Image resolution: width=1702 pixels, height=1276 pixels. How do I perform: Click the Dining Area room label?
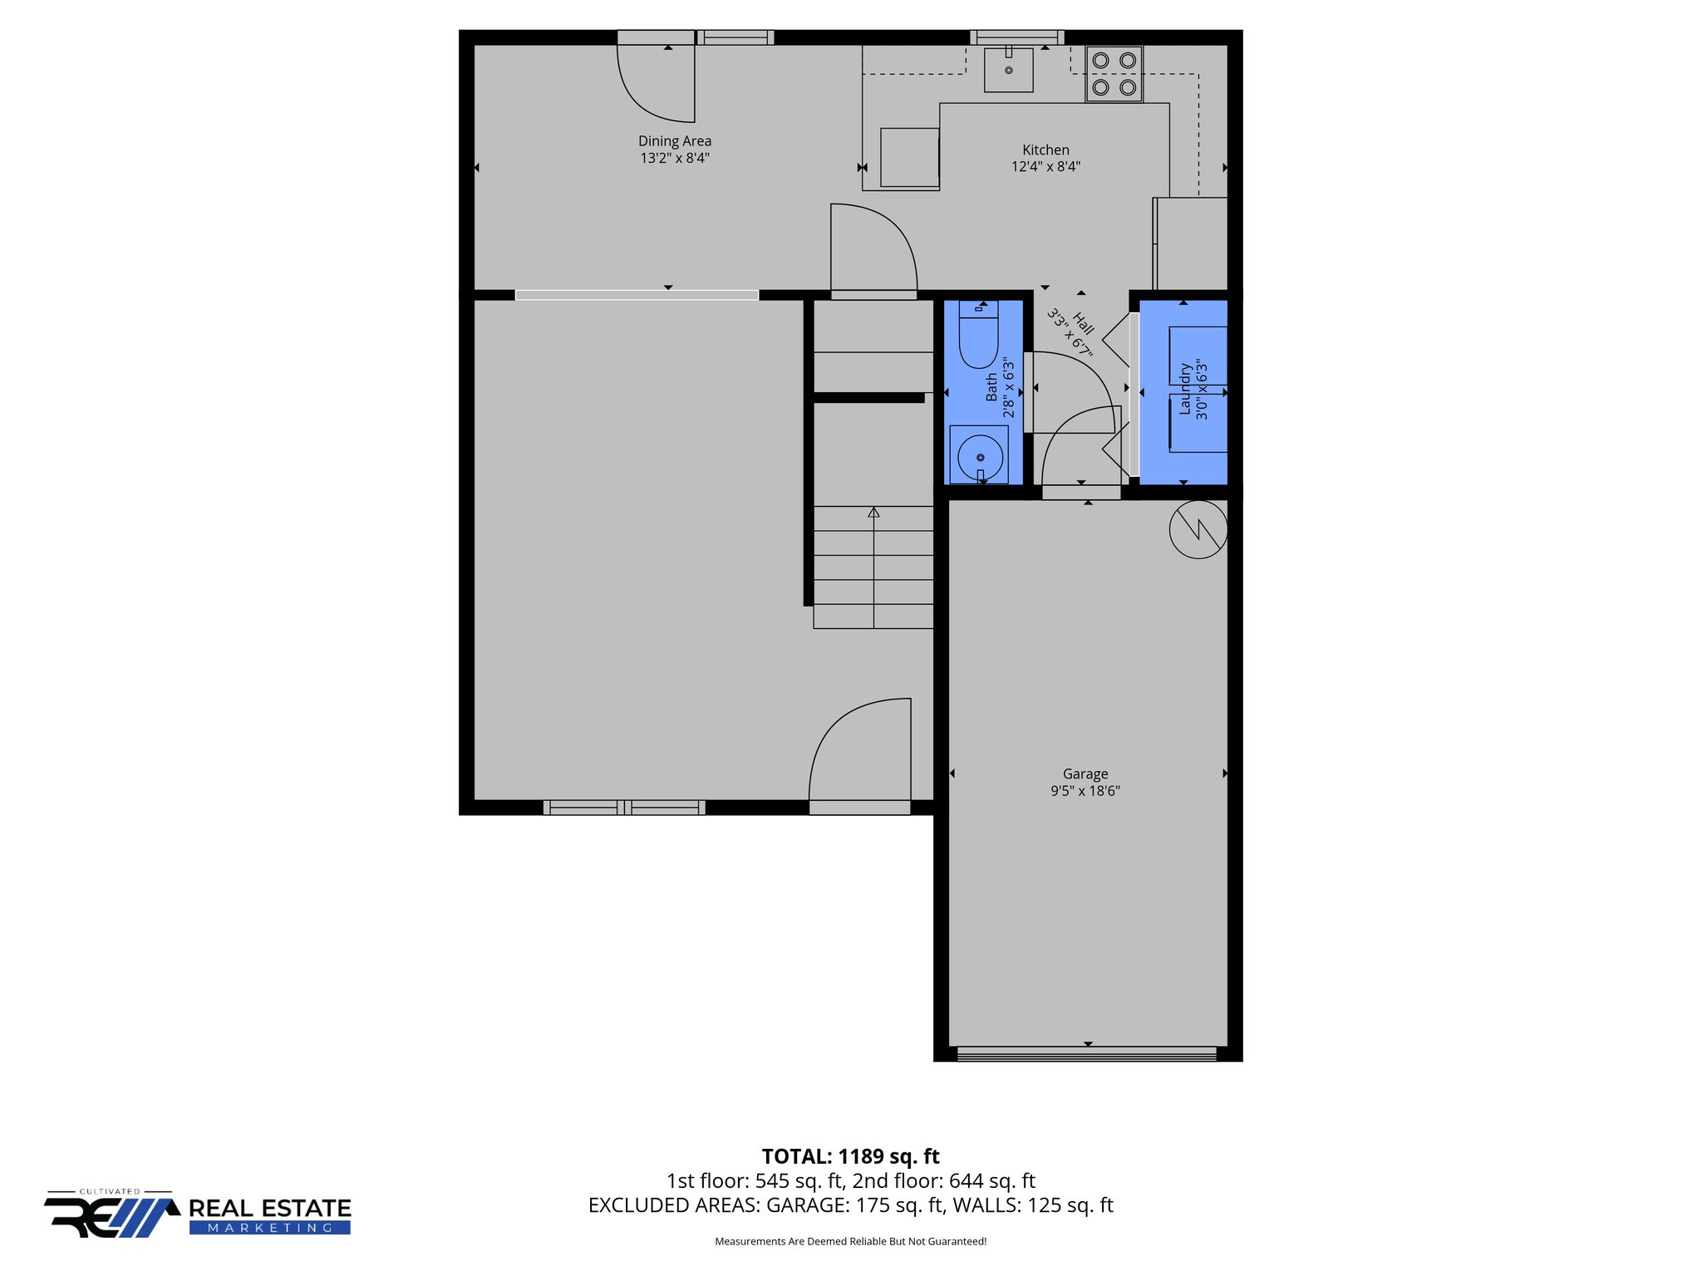(x=674, y=141)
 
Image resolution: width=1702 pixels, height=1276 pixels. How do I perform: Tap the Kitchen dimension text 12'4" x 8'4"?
(x=1045, y=166)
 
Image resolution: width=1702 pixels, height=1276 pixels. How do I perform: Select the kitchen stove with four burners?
(x=1114, y=74)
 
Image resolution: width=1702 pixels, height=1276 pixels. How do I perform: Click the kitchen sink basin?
(x=1008, y=70)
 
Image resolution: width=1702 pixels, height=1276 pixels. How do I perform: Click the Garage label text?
(x=1085, y=773)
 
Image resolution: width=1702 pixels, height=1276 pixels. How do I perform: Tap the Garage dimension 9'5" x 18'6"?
(x=1085, y=791)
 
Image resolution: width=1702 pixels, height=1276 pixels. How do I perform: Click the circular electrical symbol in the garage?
(x=1198, y=529)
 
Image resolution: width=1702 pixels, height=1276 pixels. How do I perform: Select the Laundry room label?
(x=1185, y=389)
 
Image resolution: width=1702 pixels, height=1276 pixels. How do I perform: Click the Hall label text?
(x=1083, y=323)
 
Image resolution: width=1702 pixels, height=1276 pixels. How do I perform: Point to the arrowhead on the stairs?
(x=873, y=513)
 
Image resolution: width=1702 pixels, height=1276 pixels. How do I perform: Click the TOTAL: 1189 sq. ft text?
(x=850, y=1156)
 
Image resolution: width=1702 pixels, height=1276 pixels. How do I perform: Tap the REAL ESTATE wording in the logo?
(x=270, y=1208)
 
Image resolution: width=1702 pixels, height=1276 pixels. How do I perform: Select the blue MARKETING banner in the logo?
(x=270, y=1228)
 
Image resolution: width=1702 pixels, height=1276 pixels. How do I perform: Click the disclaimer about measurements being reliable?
(x=850, y=1241)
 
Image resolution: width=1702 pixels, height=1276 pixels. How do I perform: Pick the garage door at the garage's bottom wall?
(x=1087, y=1054)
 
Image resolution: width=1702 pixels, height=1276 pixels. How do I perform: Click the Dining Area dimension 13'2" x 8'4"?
(x=674, y=158)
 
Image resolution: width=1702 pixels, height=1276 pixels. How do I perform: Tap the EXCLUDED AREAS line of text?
(x=850, y=1205)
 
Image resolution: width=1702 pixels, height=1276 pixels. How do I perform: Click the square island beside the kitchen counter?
(x=909, y=157)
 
